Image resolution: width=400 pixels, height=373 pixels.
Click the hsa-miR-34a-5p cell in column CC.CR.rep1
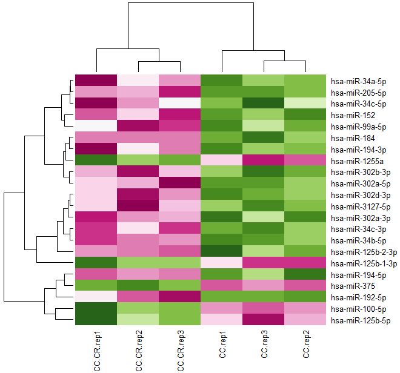[x=96, y=81]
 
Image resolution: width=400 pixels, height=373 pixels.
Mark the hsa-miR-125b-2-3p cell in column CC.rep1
[x=221, y=251]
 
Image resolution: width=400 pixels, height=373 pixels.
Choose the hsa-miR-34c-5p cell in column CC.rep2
[x=305, y=104]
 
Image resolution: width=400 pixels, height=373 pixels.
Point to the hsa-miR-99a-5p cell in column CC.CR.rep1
[x=96, y=126]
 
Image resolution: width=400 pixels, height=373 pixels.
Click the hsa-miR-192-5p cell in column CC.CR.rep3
[x=179, y=297]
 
